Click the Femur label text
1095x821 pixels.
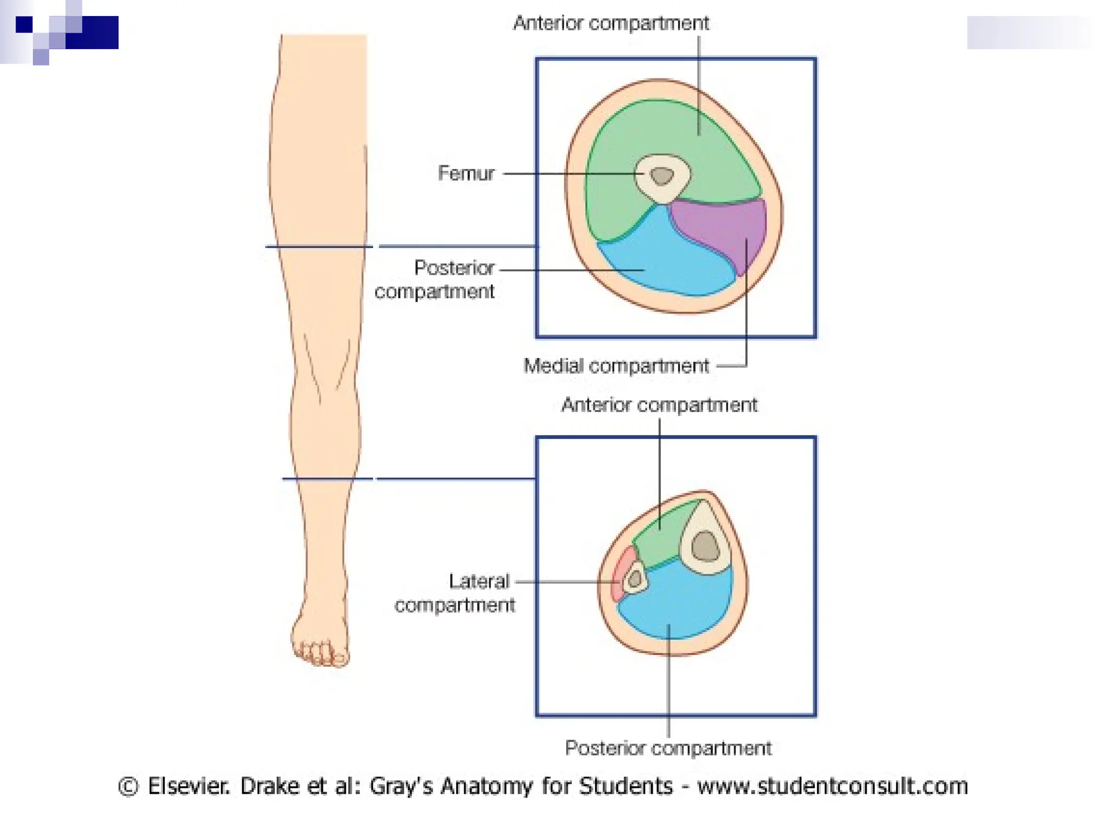click(466, 173)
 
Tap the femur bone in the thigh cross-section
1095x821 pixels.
click(662, 177)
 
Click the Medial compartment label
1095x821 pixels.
click(616, 366)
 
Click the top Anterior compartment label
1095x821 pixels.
click(611, 23)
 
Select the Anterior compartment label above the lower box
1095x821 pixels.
click(659, 405)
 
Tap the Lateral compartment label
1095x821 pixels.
click(455, 593)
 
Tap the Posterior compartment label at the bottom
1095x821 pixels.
click(668, 748)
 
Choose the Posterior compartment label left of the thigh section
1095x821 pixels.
click(434, 280)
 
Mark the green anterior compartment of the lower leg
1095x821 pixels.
click(659, 537)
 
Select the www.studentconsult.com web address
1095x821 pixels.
click(832, 786)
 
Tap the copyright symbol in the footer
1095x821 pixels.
click(128, 786)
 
